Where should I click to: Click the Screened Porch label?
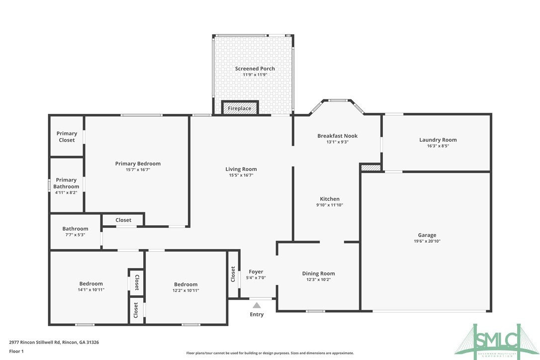(x=255, y=69)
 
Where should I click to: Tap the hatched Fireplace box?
(x=240, y=108)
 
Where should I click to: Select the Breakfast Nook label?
(x=337, y=136)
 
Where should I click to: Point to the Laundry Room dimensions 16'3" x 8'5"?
(x=438, y=146)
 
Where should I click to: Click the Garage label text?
(x=427, y=235)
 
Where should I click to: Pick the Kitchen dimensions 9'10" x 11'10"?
(x=330, y=205)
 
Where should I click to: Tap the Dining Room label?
(x=318, y=273)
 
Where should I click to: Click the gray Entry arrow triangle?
(x=257, y=305)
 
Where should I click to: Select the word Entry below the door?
(x=257, y=314)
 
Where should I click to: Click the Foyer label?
(x=256, y=271)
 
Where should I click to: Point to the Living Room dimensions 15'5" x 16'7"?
(x=241, y=175)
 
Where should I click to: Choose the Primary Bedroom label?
(x=138, y=164)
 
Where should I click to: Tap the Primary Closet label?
(x=67, y=137)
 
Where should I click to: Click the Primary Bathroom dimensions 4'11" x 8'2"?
(x=66, y=192)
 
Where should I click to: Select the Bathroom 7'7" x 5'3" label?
(x=75, y=229)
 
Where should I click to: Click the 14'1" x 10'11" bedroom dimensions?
(x=91, y=290)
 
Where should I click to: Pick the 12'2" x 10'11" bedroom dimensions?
(x=185, y=290)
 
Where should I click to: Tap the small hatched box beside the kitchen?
(x=370, y=168)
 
